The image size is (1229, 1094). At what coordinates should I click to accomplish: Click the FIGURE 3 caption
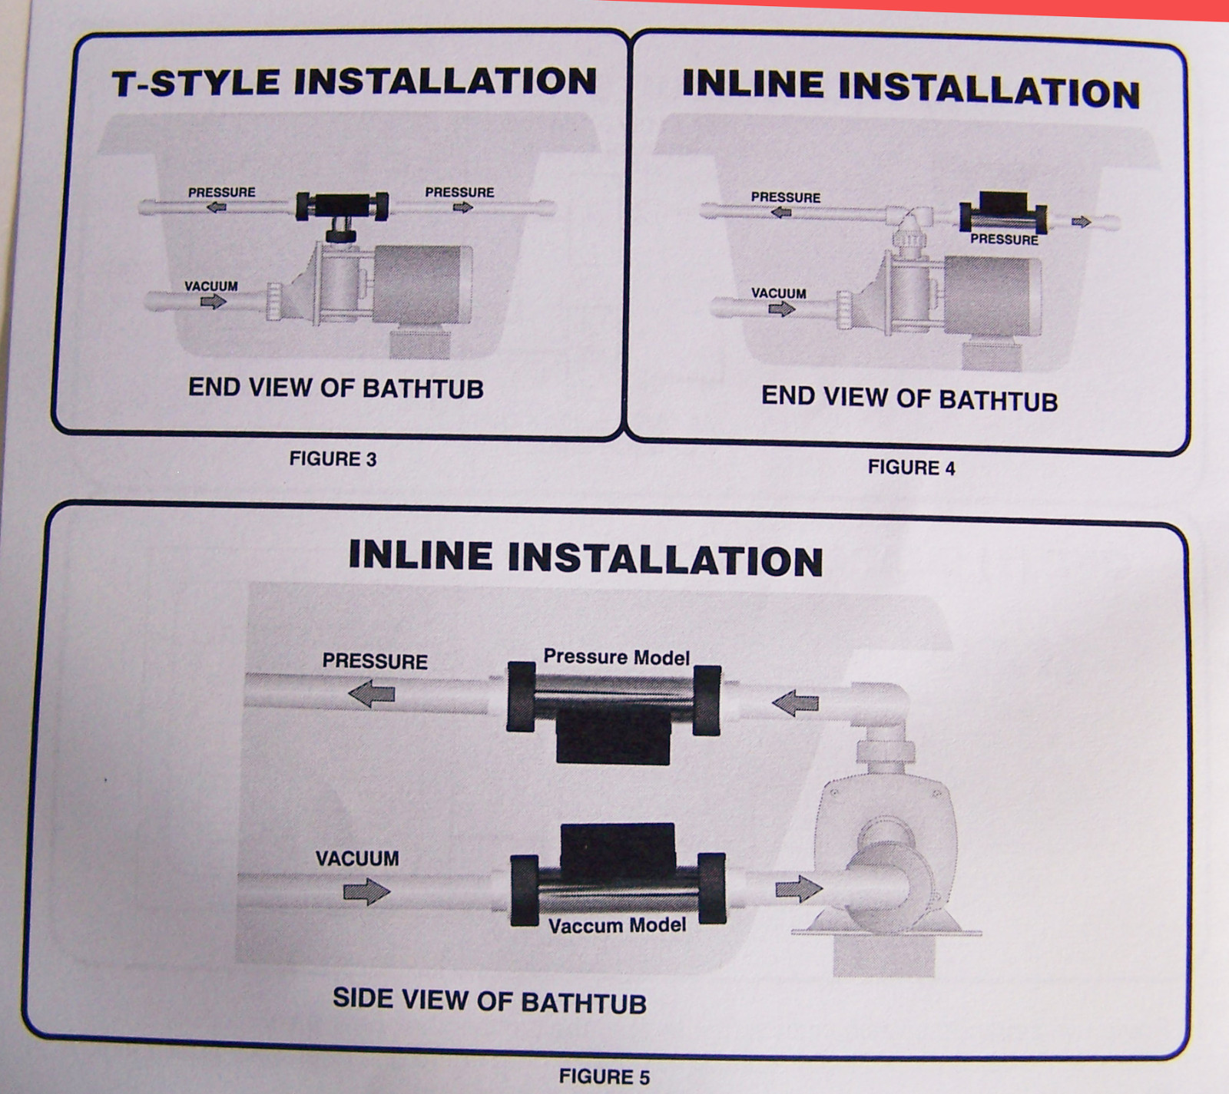click(x=333, y=459)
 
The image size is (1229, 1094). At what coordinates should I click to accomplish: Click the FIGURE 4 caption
click(x=911, y=468)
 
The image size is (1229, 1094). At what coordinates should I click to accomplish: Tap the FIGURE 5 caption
click(x=604, y=1076)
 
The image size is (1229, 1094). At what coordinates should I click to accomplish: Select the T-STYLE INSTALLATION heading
click(x=354, y=82)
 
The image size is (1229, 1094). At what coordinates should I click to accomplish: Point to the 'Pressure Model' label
click(x=616, y=657)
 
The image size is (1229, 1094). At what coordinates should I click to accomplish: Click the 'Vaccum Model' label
click(x=617, y=925)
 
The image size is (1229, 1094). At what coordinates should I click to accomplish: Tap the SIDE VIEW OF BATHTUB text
click(x=489, y=1001)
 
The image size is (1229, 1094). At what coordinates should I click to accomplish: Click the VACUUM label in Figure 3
click(x=211, y=286)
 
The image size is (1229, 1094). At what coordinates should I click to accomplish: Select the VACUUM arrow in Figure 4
click(x=781, y=309)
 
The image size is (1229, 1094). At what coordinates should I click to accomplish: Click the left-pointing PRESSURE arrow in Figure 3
click(x=217, y=207)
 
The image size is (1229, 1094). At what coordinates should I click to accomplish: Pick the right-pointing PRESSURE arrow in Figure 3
click(x=462, y=207)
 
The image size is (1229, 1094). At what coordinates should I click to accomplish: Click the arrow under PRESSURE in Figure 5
click(x=372, y=694)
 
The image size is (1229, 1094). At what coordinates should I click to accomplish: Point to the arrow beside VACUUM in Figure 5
click(x=366, y=891)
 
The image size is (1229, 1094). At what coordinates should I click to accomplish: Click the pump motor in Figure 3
click(x=422, y=285)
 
